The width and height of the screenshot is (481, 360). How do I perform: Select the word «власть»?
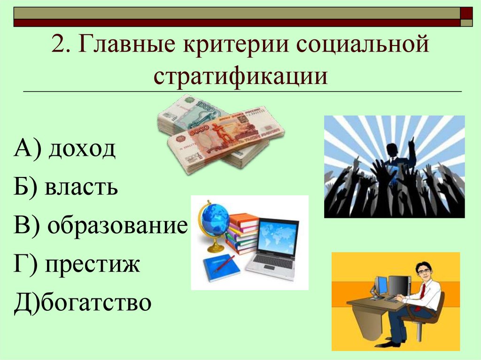(82, 188)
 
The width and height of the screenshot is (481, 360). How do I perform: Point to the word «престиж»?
(93, 264)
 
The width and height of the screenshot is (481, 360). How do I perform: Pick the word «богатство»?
(96, 303)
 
